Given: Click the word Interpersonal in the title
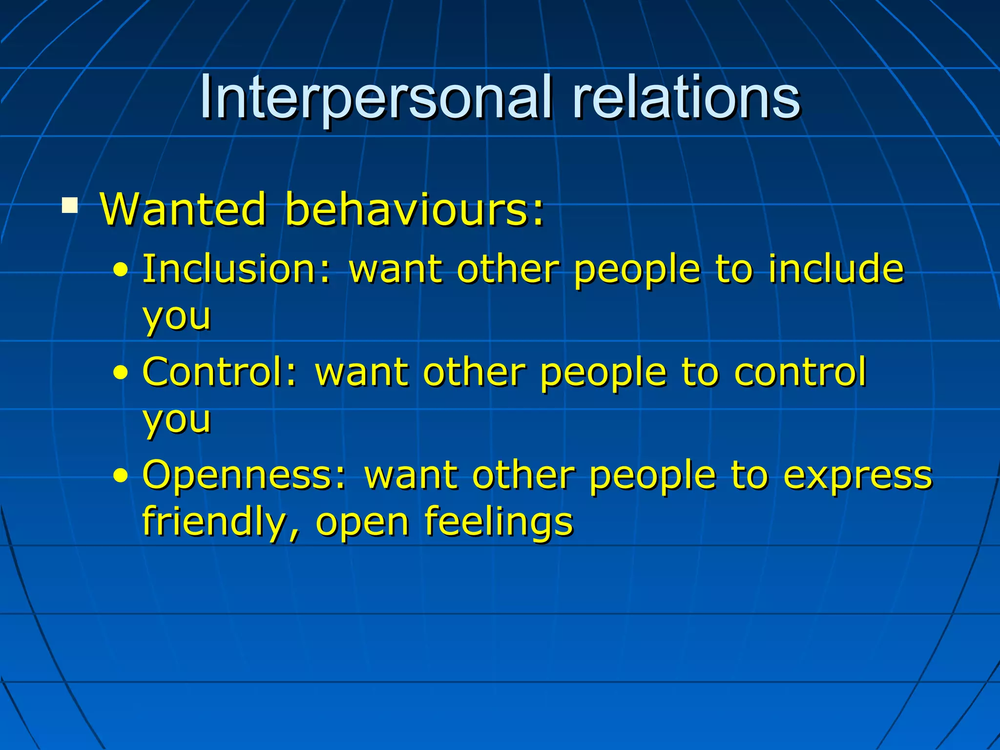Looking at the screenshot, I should click(x=376, y=98).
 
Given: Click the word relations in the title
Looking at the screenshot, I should click(x=686, y=98).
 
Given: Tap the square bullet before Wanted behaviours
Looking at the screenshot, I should click(x=70, y=205).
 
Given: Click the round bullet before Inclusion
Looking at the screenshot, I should click(x=121, y=270).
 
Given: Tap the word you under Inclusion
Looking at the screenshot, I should click(x=177, y=317).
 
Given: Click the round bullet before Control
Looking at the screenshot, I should click(x=121, y=374).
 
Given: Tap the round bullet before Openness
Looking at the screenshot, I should click(x=121, y=476).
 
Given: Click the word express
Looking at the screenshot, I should click(x=857, y=476).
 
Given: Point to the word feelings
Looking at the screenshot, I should click(x=499, y=521).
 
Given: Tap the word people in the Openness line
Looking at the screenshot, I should click(x=652, y=476).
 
